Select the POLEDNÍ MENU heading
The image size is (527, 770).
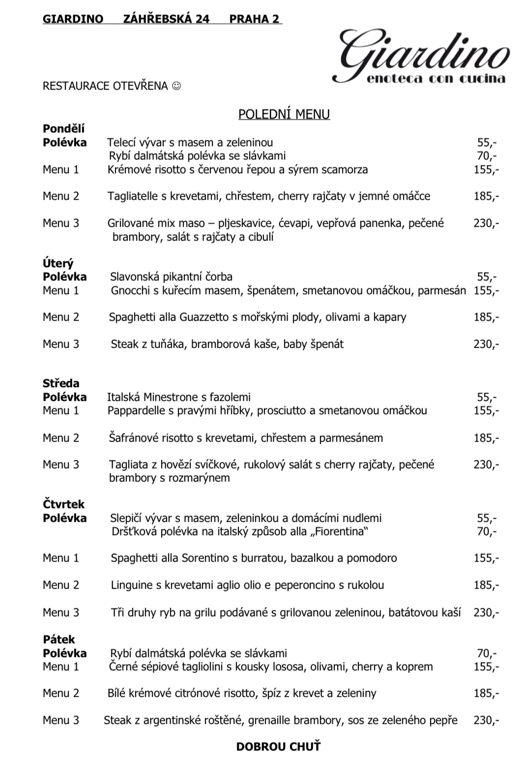click(x=284, y=114)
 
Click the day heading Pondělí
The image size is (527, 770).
click(x=63, y=129)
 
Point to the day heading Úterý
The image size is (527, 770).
click(x=58, y=264)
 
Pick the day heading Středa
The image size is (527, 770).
click(x=61, y=384)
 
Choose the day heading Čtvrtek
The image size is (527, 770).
click(x=63, y=504)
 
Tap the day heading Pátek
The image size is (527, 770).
click(x=59, y=640)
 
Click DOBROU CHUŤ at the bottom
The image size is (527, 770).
click(x=278, y=746)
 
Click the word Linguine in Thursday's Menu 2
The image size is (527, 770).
click(x=131, y=585)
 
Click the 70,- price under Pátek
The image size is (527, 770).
click(x=487, y=653)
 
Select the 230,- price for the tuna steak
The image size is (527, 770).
click(x=486, y=344)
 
